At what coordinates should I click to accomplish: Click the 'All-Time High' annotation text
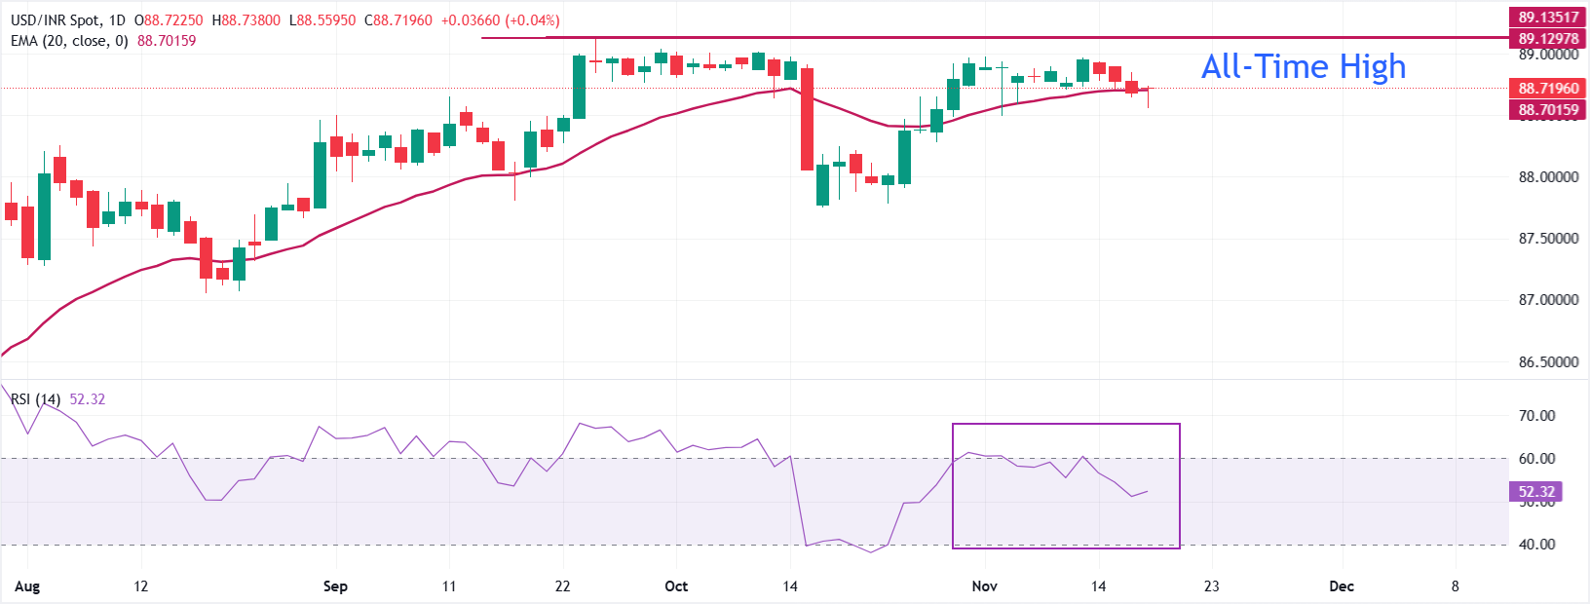click(x=1303, y=66)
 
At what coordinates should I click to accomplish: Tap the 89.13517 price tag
click(x=1548, y=17)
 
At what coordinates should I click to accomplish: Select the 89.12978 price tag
click(x=1548, y=39)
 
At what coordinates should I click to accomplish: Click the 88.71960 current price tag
click(x=1548, y=89)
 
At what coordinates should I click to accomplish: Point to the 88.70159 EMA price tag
click(x=1548, y=110)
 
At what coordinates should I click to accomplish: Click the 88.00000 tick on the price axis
click(x=1548, y=177)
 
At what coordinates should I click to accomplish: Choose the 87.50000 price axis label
click(x=1548, y=239)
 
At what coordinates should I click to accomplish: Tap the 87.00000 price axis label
click(x=1548, y=300)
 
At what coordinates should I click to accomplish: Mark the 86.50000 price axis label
click(x=1548, y=362)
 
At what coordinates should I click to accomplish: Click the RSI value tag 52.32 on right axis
click(x=1536, y=492)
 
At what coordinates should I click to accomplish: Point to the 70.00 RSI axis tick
click(x=1537, y=416)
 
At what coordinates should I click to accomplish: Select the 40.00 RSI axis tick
click(x=1537, y=545)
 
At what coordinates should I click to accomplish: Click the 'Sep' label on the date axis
click(x=335, y=586)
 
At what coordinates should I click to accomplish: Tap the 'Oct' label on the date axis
click(x=675, y=586)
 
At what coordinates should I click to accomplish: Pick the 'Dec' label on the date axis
click(x=1342, y=586)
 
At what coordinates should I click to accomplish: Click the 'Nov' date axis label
click(x=985, y=586)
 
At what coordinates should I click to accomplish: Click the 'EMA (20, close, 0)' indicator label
click(x=69, y=41)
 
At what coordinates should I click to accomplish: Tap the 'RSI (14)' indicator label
click(x=35, y=399)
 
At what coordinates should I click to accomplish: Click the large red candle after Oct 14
click(x=807, y=119)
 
